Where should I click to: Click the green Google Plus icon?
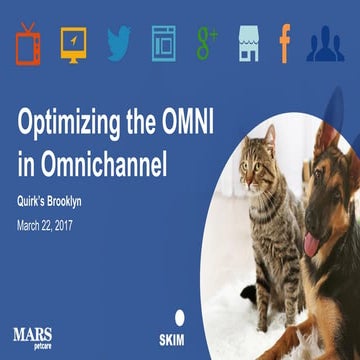tap(207, 42)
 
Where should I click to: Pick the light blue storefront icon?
tap(249, 43)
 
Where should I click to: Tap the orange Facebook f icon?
tap(285, 43)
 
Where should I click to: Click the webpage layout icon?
tap(163, 42)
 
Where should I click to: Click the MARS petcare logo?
tap(38, 330)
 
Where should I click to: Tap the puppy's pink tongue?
tap(312, 242)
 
